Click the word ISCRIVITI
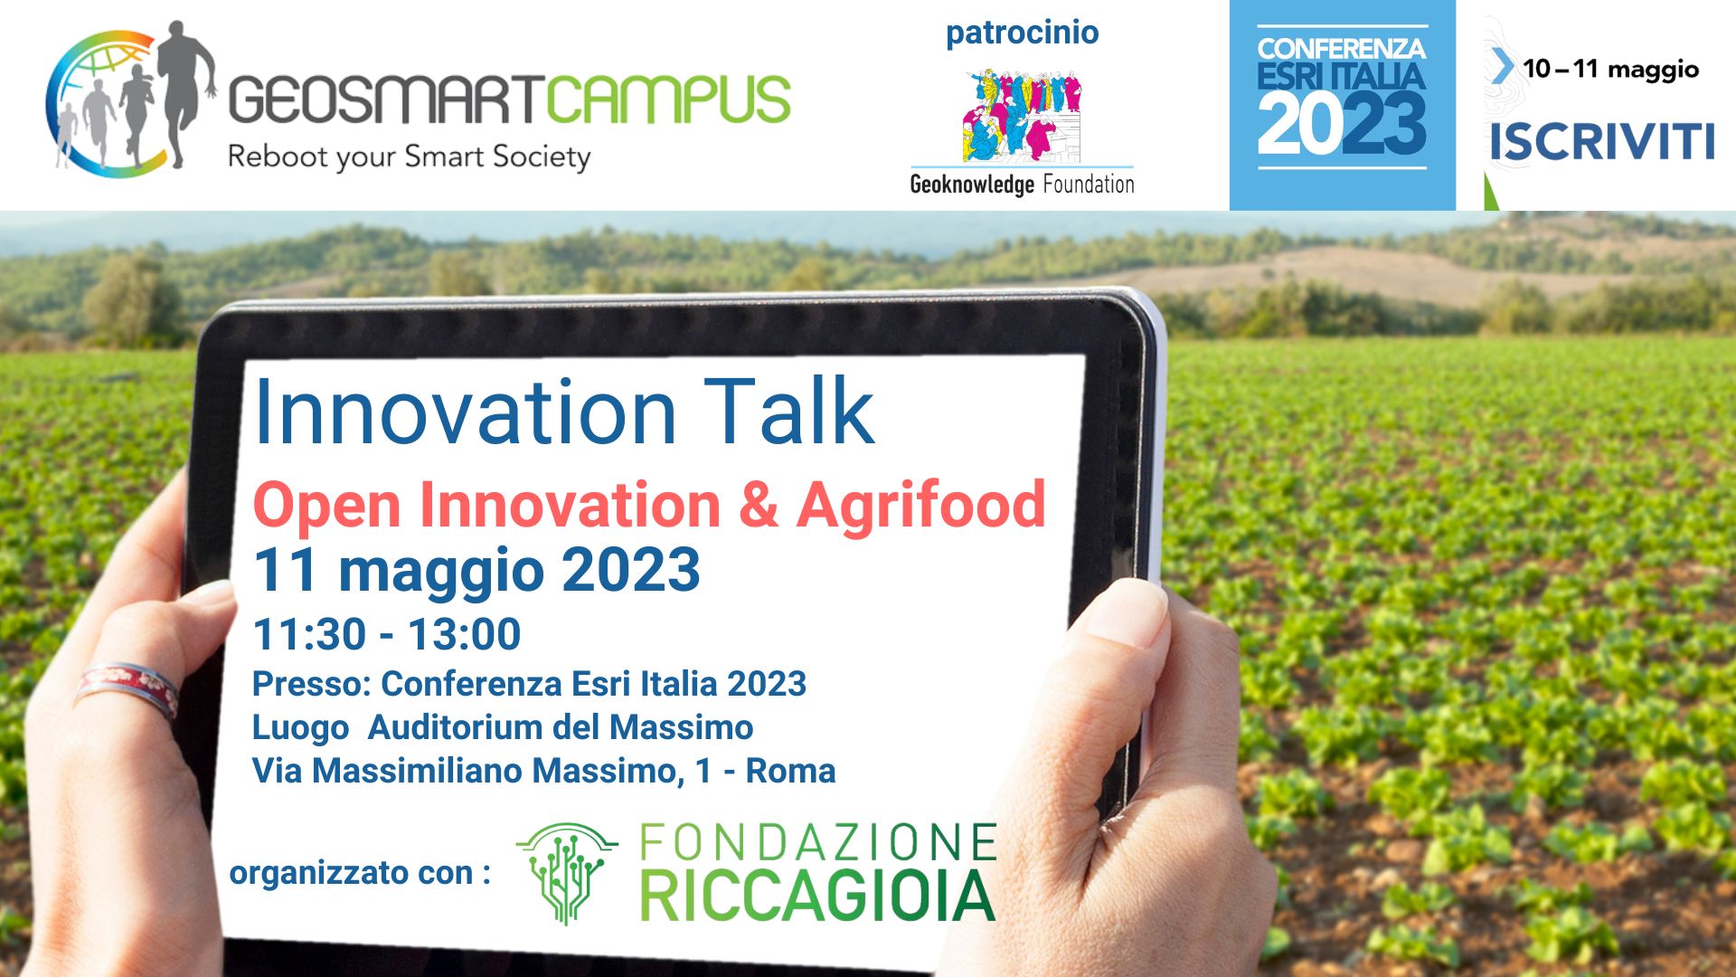pyautogui.click(x=1601, y=142)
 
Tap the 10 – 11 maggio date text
pyautogui.click(x=1610, y=70)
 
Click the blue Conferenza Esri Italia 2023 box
pyautogui.click(x=1342, y=105)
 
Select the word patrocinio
pyautogui.click(x=1022, y=33)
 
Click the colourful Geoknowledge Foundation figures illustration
pyautogui.click(x=1023, y=115)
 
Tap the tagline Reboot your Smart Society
pyautogui.click(x=409, y=157)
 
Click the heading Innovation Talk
pyautogui.click(x=564, y=412)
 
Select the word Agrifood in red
pyautogui.click(x=920, y=505)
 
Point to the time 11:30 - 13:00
pyautogui.click(x=387, y=634)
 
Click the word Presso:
pyautogui.click(x=312, y=684)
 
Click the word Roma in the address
pyautogui.click(x=790, y=771)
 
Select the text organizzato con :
pyautogui.click(x=360, y=874)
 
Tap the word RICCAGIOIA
pyautogui.click(x=817, y=896)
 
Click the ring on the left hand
pyautogui.click(x=127, y=688)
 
